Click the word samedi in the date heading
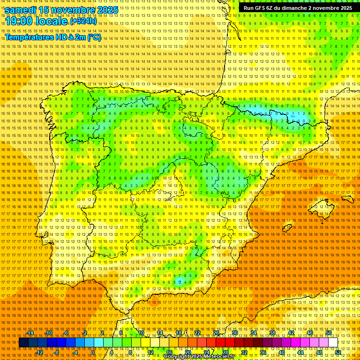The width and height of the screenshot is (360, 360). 21,9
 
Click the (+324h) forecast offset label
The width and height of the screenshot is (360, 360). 83,21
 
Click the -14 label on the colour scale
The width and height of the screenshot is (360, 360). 30,333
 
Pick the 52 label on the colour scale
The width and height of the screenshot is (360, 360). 338,352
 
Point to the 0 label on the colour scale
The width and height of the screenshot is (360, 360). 93,352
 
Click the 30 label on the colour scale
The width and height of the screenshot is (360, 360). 234,333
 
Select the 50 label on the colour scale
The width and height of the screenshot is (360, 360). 329,333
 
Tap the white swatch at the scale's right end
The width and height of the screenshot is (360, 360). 333,343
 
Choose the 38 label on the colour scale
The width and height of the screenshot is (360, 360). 272,333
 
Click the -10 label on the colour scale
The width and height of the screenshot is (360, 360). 49,333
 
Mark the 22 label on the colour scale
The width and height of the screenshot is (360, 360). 197,333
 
